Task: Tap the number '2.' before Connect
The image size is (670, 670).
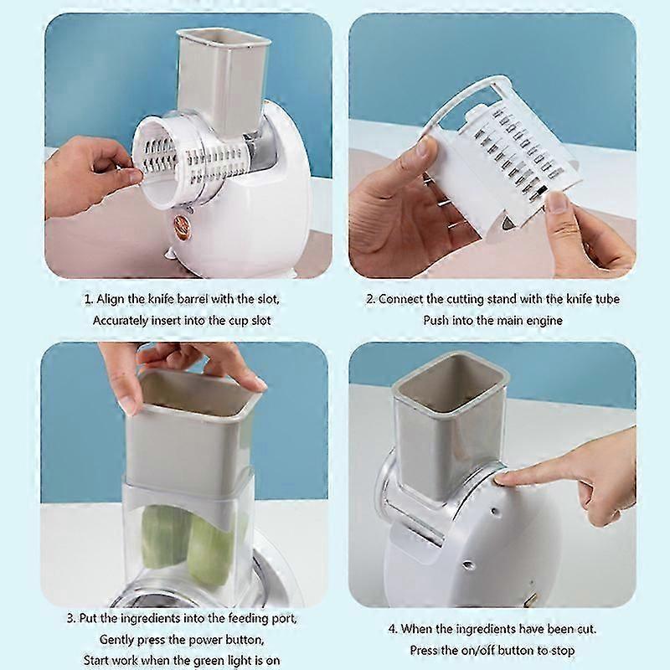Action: point(369,299)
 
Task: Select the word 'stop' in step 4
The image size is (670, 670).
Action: point(561,651)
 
